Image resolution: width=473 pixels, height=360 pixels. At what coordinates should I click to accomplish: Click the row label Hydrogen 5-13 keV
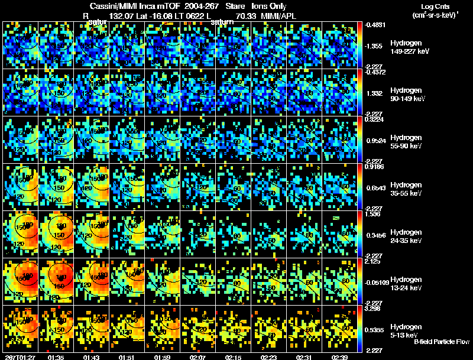click(407, 330)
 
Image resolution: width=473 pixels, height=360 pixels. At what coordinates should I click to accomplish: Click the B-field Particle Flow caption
click(441, 342)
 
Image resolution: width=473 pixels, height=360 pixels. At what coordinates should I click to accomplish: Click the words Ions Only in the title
click(270, 6)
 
